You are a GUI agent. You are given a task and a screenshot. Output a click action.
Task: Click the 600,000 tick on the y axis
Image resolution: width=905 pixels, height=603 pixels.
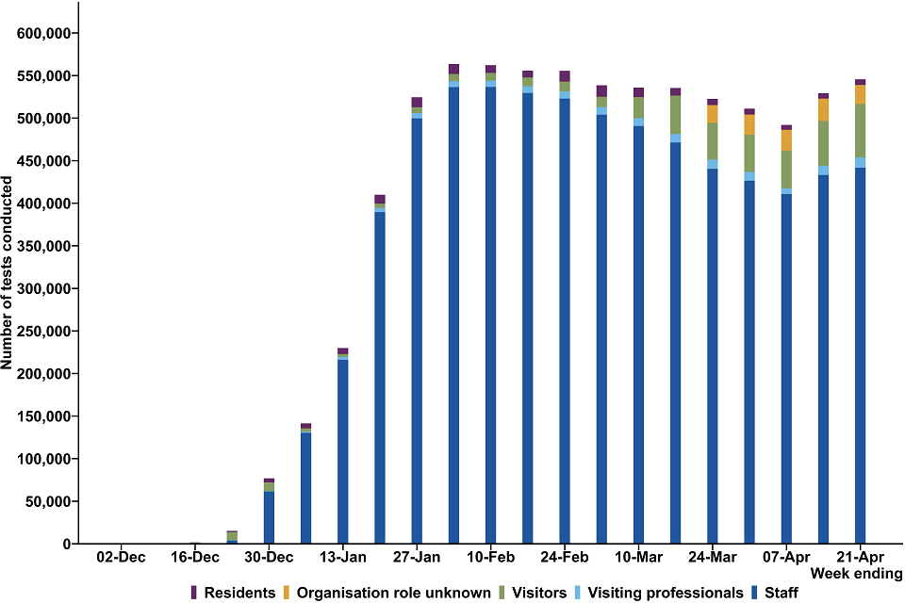[47, 33]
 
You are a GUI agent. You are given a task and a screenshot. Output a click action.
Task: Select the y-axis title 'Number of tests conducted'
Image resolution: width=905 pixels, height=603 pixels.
[8, 273]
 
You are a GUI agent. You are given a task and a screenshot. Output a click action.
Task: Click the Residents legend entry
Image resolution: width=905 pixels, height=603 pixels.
[233, 593]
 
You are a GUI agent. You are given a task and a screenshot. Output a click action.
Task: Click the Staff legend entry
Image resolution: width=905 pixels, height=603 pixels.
[779, 593]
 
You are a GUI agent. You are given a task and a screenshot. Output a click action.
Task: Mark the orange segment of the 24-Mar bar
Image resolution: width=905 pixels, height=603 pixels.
[712, 113]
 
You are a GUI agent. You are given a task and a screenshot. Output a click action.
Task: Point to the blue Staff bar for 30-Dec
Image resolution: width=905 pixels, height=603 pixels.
[269, 518]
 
